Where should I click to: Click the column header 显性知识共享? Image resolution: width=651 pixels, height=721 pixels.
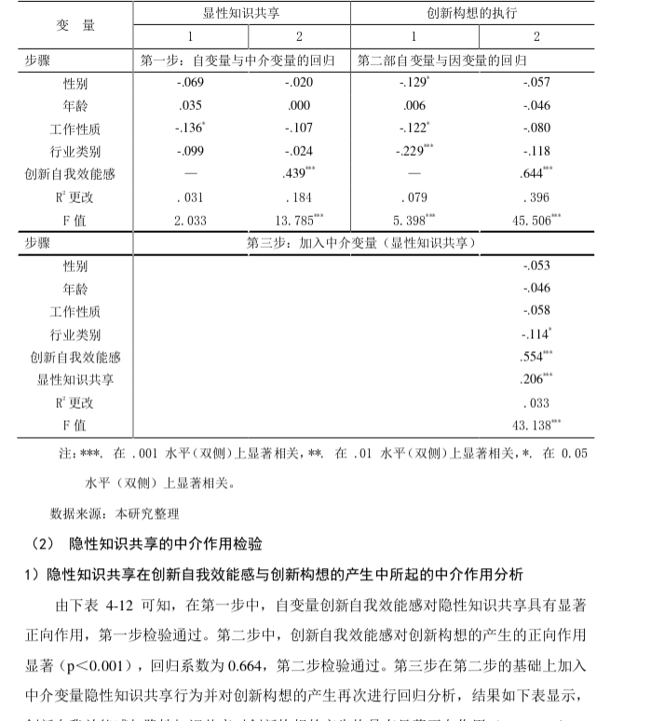coord(242,14)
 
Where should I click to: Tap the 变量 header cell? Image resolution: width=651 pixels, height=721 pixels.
coord(77,25)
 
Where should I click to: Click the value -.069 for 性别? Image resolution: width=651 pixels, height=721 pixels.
coord(190,83)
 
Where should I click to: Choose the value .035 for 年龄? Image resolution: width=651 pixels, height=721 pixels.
coord(190,106)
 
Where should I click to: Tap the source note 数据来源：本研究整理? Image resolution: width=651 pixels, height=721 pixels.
coord(115,513)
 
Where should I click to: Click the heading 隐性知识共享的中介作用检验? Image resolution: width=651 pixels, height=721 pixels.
coord(166,544)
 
